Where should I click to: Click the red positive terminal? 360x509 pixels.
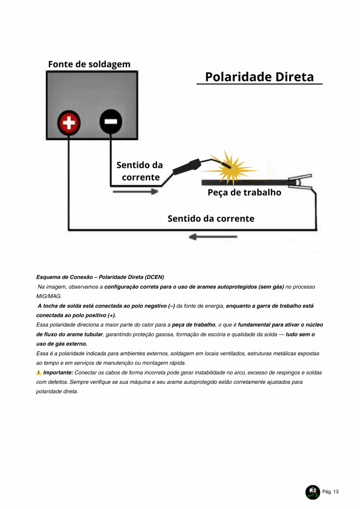69,123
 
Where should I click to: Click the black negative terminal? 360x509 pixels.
111,122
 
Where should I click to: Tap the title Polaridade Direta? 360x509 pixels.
259,77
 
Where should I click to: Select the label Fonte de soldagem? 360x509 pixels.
89,64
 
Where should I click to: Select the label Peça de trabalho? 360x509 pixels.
244,193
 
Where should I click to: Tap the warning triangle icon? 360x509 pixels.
39,372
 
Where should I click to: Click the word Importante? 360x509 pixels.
58,372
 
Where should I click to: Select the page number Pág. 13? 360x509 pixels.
330,492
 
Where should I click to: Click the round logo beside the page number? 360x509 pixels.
312,492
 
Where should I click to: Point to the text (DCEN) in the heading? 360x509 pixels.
154,277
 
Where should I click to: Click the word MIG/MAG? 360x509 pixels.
49,296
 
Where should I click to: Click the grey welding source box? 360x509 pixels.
92,93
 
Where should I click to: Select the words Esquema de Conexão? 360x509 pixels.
64,277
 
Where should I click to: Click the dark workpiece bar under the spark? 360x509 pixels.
252,182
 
